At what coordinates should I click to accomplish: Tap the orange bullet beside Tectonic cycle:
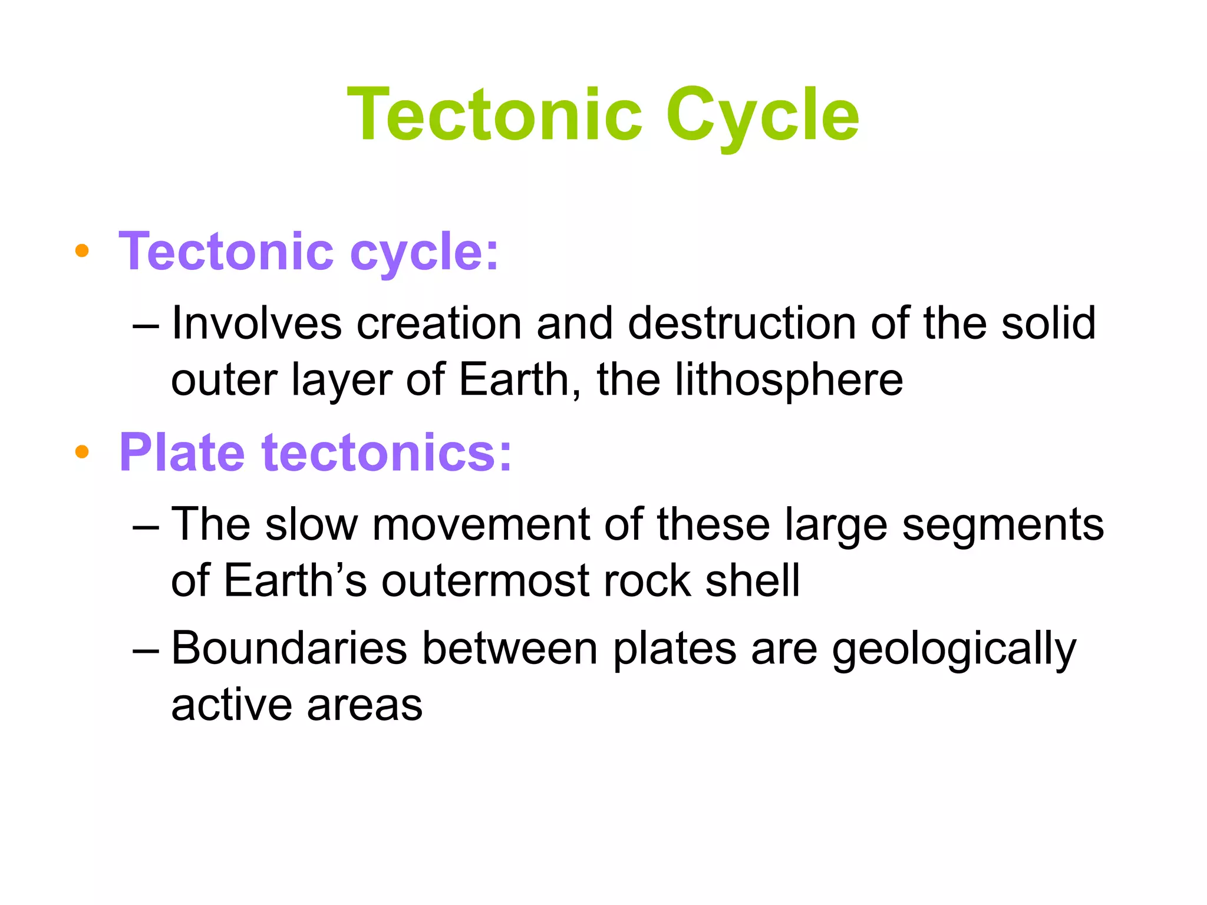pyautogui.click(x=82, y=251)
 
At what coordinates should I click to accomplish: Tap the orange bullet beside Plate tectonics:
pyautogui.click(x=82, y=452)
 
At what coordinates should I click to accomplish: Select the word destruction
pyautogui.click(x=741, y=323)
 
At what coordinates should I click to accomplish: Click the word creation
pyautogui.click(x=439, y=323)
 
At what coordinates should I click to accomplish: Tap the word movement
pyautogui.click(x=481, y=524)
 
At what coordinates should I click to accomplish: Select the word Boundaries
pyautogui.click(x=289, y=649)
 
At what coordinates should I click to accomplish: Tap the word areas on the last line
pyautogui.click(x=364, y=705)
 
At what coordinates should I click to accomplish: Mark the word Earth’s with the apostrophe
pyautogui.click(x=295, y=581)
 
